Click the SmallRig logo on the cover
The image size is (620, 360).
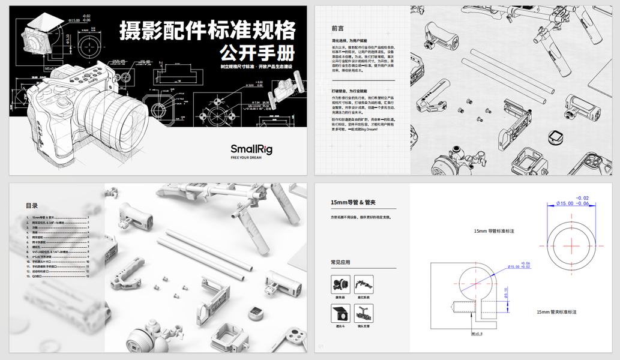pyautogui.click(x=251, y=149)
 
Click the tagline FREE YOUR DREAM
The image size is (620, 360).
pyautogui.click(x=251, y=158)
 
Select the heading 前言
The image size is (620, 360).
pyautogui.click(x=337, y=28)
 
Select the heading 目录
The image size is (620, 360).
pyautogui.click(x=32, y=206)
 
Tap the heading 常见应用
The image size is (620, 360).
pyautogui.click(x=340, y=262)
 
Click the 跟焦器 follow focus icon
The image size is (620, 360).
pyautogui.click(x=340, y=284)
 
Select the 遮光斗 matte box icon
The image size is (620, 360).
pyautogui.click(x=340, y=313)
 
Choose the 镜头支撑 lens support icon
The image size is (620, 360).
pyautogui.click(x=363, y=313)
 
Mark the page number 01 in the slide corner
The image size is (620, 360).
pyautogui.click(x=321, y=345)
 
